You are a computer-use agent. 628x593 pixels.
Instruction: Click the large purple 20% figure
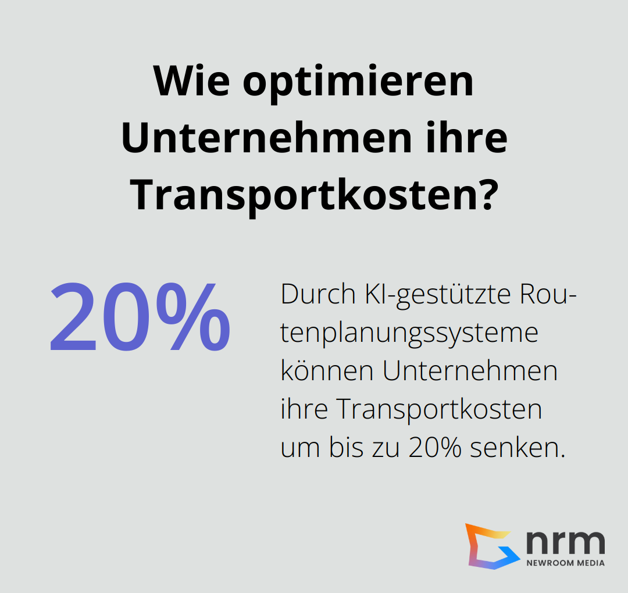click(140, 319)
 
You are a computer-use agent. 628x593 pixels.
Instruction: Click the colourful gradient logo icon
click(490, 546)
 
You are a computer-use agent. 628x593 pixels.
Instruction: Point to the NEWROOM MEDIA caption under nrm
click(565, 563)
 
